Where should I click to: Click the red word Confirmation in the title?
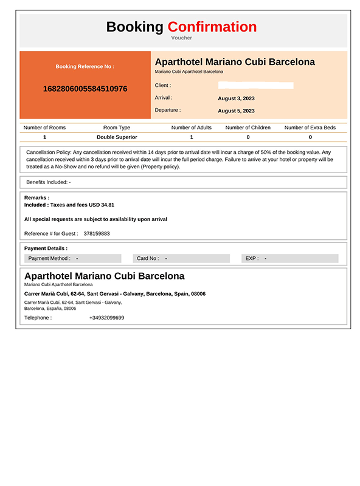tap(212, 27)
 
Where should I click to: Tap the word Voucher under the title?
tap(182, 38)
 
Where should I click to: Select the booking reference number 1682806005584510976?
tap(85, 89)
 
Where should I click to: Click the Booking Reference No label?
tap(85, 66)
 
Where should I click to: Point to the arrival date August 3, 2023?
tap(236, 98)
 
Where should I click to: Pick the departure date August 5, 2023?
tap(236, 111)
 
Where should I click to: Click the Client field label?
tap(163, 86)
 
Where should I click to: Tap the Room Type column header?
tap(117, 128)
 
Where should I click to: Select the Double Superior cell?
tap(117, 137)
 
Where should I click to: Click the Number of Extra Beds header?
tap(310, 128)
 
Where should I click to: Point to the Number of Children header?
tap(247, 128)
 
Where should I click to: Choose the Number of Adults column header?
tap(192, 128)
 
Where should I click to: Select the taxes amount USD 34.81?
tap(102, 205)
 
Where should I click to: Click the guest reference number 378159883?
tap(97, 233)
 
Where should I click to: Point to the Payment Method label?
tap(49, 258)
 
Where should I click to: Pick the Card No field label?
tap(148, 258)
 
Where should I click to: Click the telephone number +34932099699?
tap(106, 317)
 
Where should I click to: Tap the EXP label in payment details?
tap(252, 258)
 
